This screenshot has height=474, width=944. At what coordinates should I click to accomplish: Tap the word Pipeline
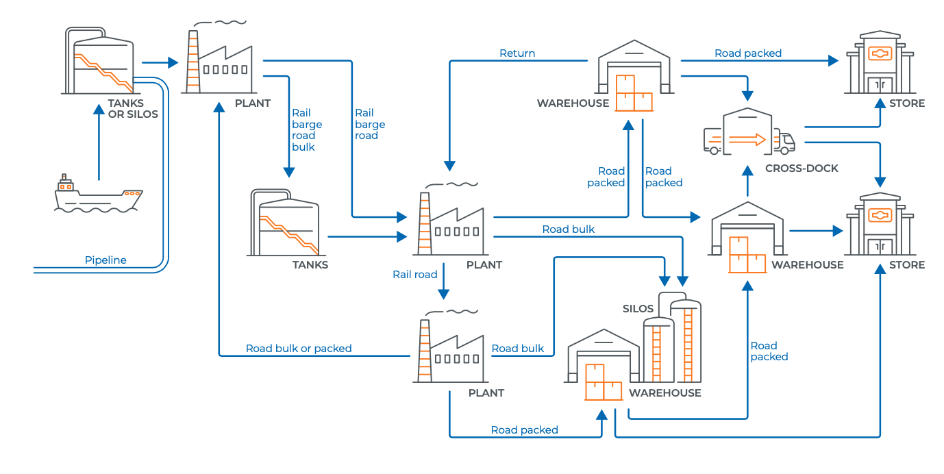click(x=105, y=260)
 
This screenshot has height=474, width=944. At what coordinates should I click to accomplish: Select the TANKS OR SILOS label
click(x=133, y=109)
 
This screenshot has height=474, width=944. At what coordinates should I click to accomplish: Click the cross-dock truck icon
click(x=749, y=132)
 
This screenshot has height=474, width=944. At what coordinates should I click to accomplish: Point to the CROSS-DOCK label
click(x=802, y=169)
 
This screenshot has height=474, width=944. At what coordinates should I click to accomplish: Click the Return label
click(x=517, y=53)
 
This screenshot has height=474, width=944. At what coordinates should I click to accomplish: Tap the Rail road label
click(x=414, y=275)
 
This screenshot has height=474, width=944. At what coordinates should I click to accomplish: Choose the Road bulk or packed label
click(x=299, y=349)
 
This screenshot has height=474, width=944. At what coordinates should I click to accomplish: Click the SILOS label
click(x=638, y=309)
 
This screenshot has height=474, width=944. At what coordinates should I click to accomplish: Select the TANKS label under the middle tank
click(x=310, y=265)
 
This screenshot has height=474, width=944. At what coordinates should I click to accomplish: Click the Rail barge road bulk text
click(x=306, y=130)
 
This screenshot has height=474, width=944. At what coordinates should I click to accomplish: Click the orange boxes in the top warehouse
click(x=634, y=92)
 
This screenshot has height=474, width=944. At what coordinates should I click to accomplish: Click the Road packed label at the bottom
click(x=524, y=430)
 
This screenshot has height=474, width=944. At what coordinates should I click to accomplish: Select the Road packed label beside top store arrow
click(x=747, y=53)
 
